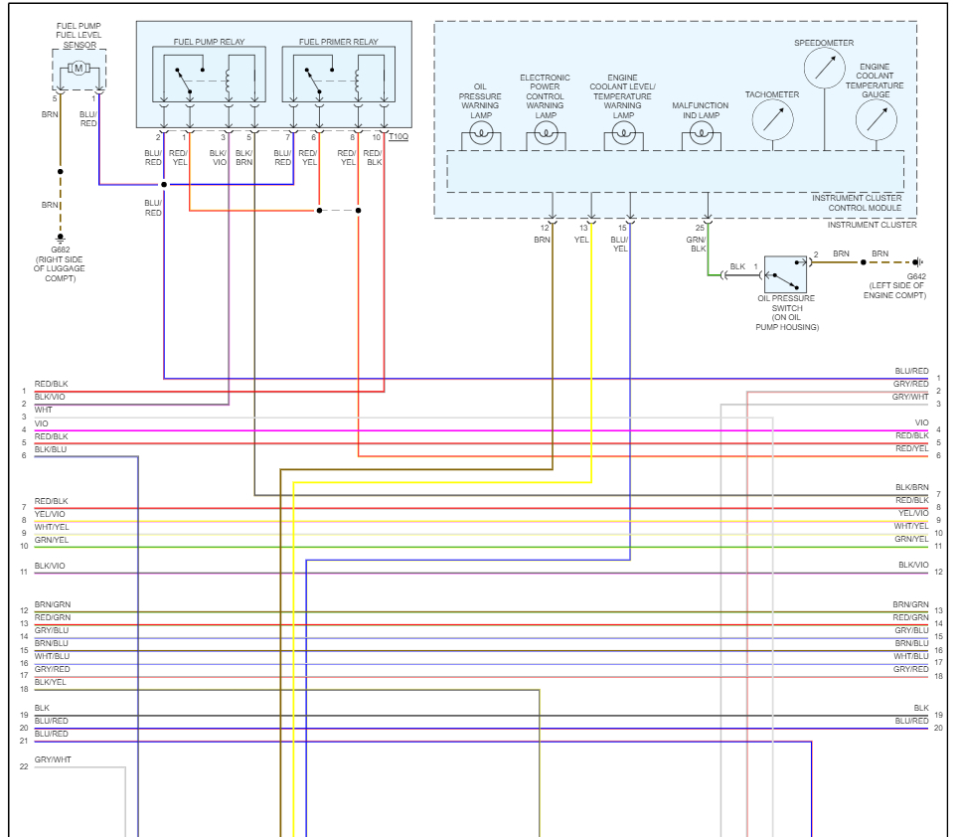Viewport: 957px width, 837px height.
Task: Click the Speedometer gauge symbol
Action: (823, 68)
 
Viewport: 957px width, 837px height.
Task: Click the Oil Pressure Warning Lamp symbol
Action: (482, 135)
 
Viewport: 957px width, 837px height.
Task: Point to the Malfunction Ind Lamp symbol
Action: (702, 135)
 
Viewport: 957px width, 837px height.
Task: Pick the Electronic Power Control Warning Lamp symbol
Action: (545, 135)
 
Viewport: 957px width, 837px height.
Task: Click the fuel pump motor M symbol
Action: (79, 68)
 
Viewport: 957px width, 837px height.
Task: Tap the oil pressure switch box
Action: (785, 272)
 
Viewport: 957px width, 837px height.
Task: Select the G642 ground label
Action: (915, 276)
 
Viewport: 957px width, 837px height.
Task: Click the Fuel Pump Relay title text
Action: (209, 43)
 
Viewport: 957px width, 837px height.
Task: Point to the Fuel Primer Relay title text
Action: (338, 43)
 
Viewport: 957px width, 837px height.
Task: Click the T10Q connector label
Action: (398, 136)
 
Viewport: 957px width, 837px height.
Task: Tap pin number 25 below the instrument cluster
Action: (700, 229)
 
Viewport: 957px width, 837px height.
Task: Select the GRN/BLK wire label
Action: (699, 244)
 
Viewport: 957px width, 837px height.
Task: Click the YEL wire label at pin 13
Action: (582, 240)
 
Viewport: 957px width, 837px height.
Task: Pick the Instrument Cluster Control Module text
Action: (858, 203)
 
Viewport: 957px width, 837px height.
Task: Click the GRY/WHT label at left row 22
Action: (53, 760)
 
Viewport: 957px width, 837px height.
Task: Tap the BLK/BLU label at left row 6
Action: (52, 449)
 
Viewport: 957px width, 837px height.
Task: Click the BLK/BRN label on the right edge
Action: (911, 487)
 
